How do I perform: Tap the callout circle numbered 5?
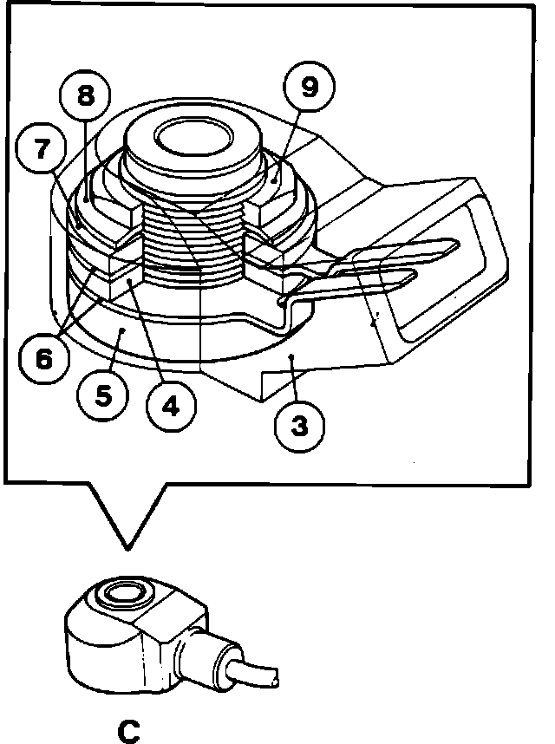tap(103, 396)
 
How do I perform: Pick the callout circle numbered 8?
tap(85, 95)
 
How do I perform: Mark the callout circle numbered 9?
tap(307, 87)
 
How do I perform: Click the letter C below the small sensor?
tap(128, 730)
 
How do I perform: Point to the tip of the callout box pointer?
tap(127, 548)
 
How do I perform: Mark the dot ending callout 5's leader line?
tap(122, 330)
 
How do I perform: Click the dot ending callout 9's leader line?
tap(274, 180)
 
